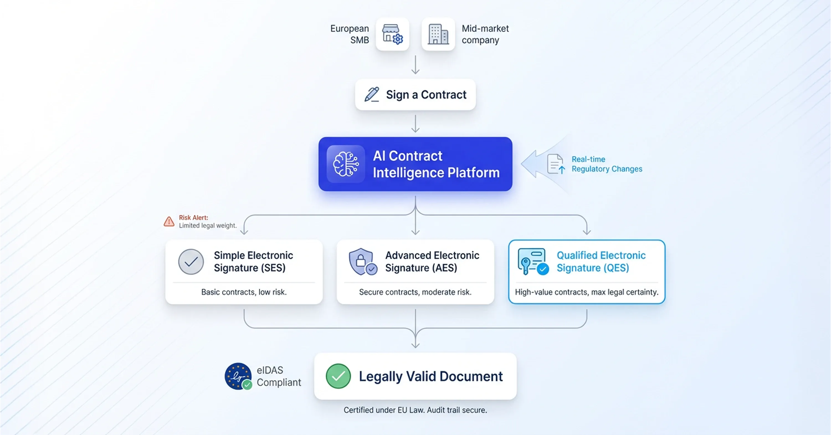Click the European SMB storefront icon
tap(392, 34)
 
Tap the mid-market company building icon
tap(438, 34)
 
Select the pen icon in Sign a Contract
tap(372, 94)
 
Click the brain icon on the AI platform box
tap(345, 164)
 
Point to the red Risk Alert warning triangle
tap(169, 222)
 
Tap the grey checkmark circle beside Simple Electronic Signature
tap(191, 261)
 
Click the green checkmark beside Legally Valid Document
tap(338, 376)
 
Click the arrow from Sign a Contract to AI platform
tap(416, 124)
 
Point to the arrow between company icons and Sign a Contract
tap(416, 65)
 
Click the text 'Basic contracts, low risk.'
tap(244, 292)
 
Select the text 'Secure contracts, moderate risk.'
tap(415, 292)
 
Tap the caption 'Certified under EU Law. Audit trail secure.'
tap(415, 410)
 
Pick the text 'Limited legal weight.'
tap(208, 226)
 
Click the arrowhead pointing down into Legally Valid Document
tap(416, 345)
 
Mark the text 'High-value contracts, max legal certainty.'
tap(586, 292)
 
